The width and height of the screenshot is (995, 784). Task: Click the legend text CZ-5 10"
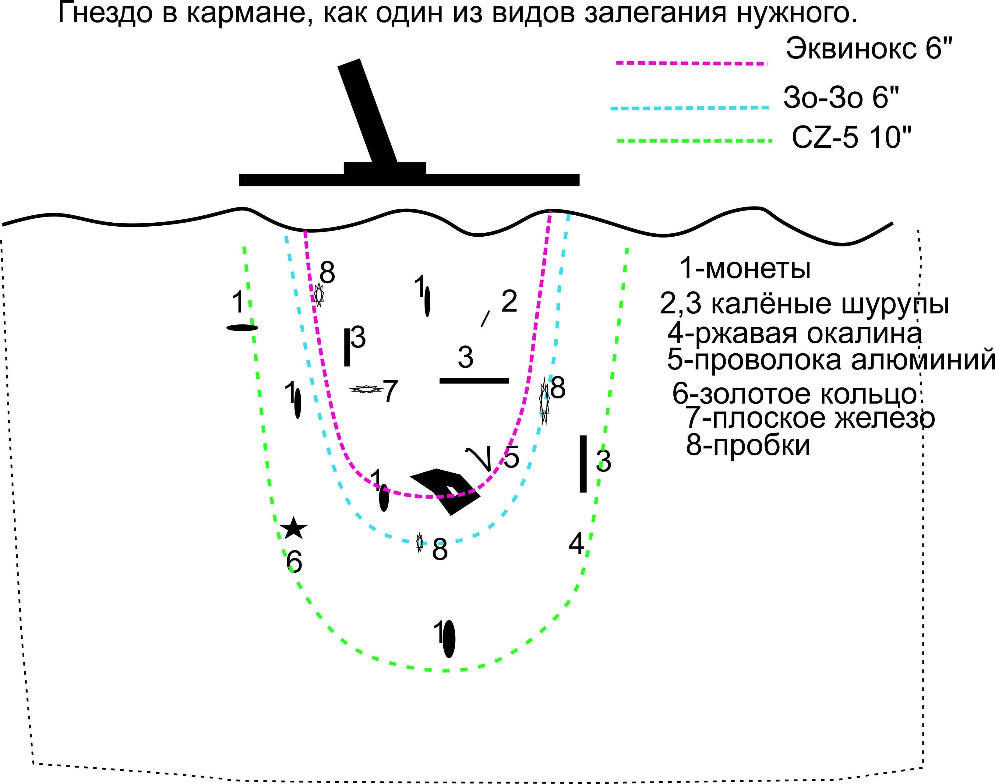click(851, 137)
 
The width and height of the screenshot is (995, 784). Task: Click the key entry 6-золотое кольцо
click(794, 394)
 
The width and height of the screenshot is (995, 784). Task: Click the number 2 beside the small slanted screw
click(509, 302)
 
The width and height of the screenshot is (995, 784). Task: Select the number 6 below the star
click(294, 561)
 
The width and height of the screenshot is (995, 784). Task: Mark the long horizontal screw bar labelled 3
click(474, 380)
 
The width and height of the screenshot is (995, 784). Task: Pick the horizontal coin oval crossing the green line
click(242, 328)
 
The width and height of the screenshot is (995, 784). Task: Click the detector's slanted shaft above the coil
click(368, 110)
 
